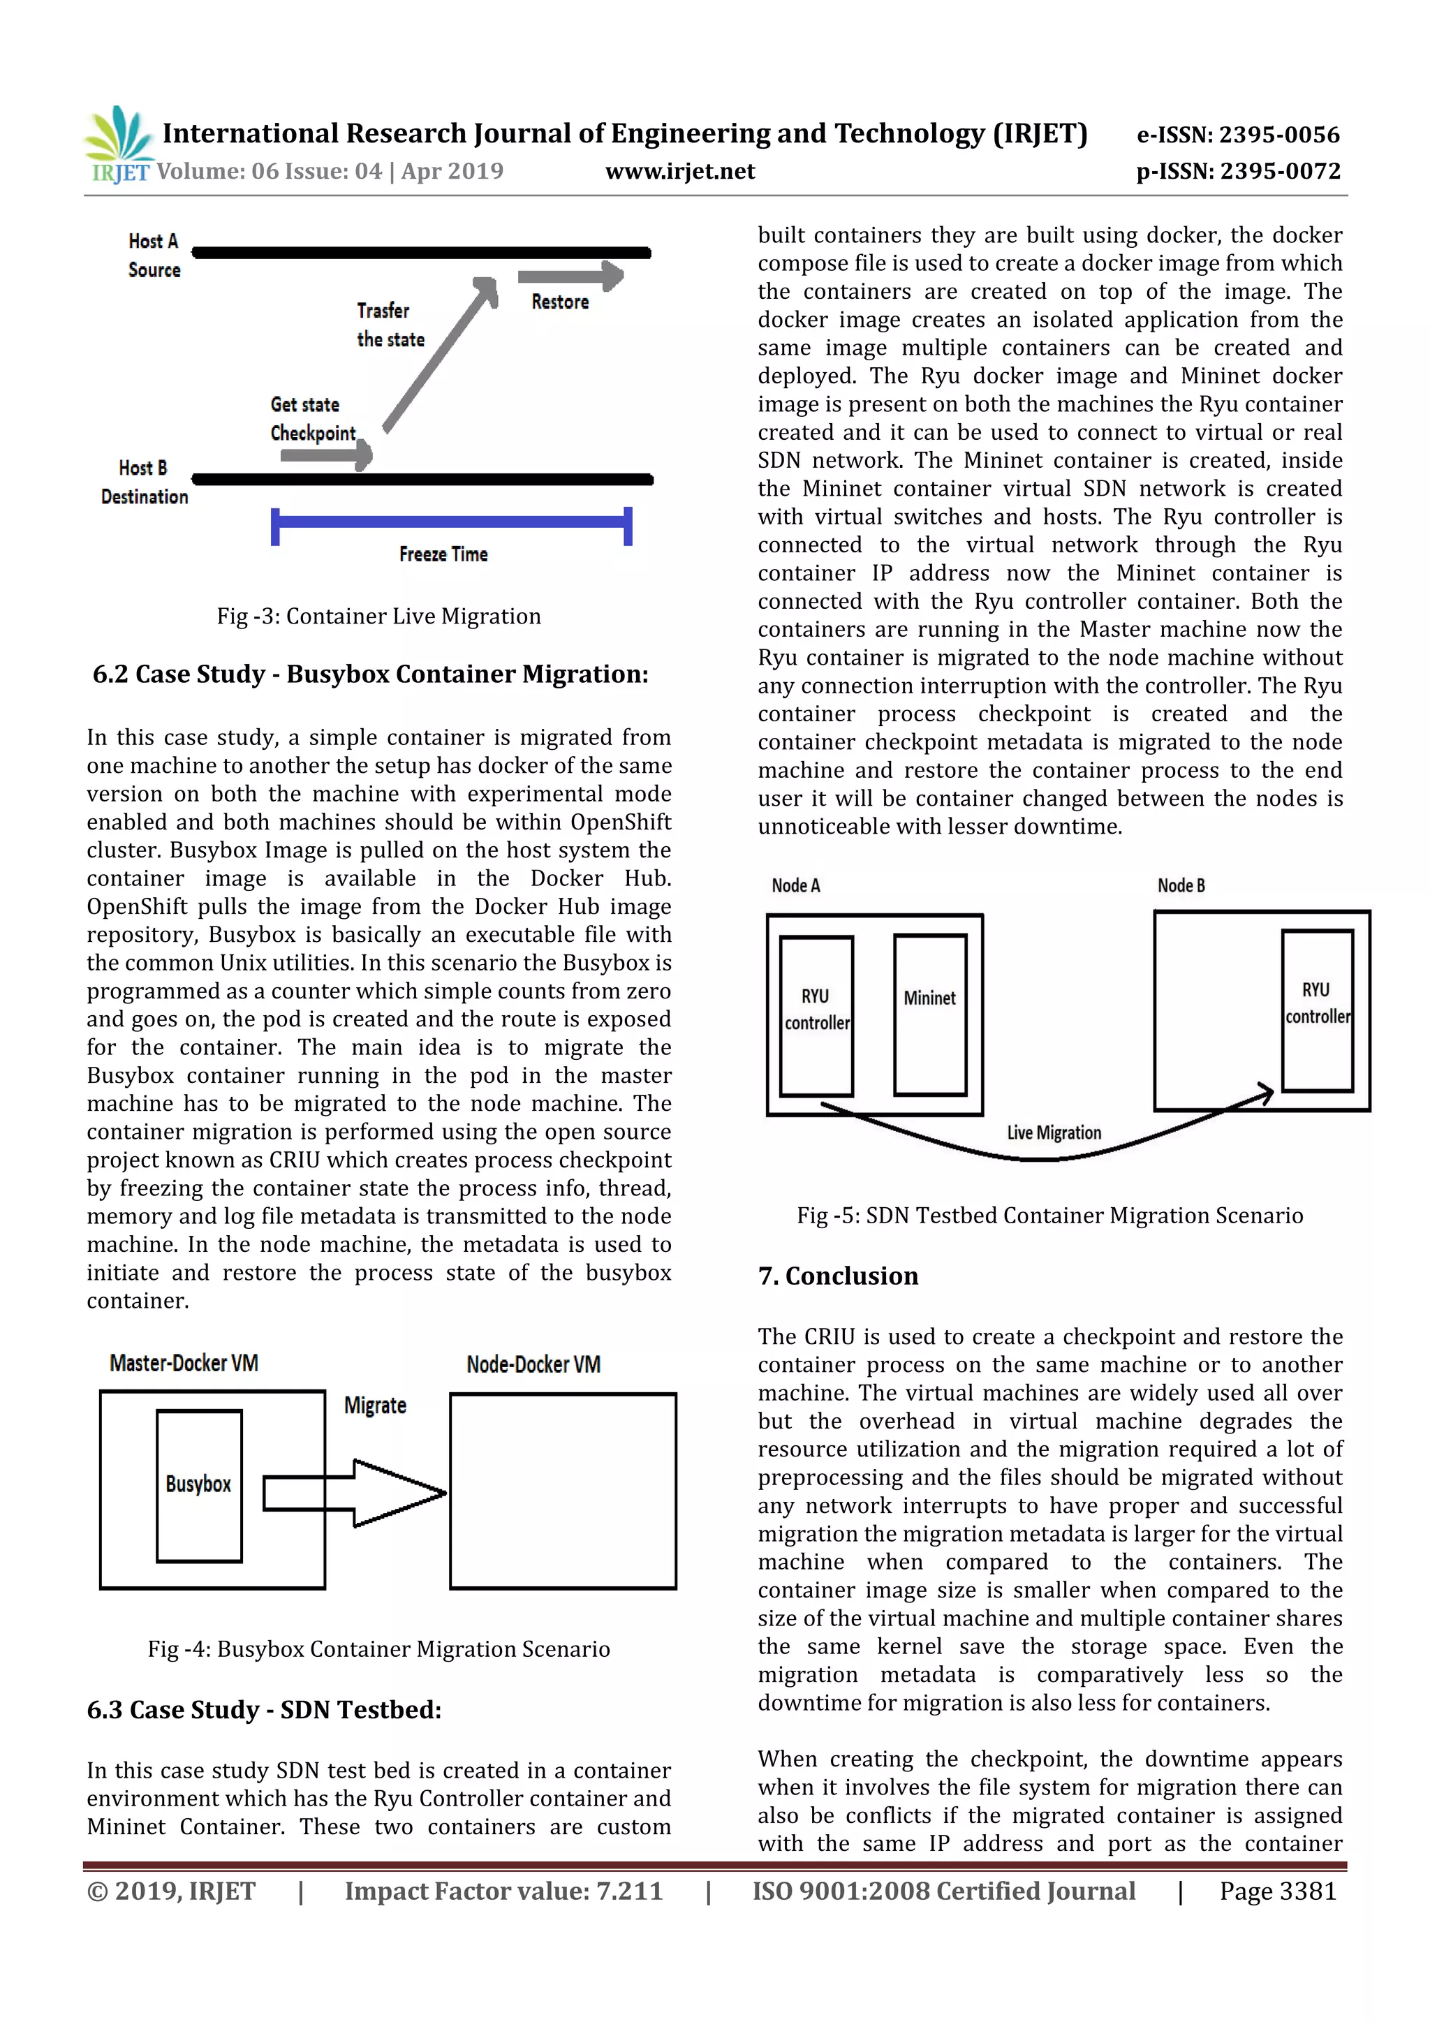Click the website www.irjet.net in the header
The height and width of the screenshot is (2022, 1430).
coord(680,172)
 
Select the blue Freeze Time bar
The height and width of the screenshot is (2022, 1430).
coord(451,523)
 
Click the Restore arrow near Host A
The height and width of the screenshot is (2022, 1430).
coord(570,276)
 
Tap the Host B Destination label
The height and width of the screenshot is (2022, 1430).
coord(145,482)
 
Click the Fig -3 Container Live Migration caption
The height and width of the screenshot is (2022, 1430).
coord(378,617)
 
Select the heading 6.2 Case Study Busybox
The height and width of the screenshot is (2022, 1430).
coord(370,674)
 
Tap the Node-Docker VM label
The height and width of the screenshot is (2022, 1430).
coord(533,1365)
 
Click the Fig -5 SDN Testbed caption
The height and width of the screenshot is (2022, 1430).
coord(1049,1216)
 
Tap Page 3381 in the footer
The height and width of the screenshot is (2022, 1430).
coord(1278,1891)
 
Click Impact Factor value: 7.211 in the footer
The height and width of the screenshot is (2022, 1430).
coord(503,1891)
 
